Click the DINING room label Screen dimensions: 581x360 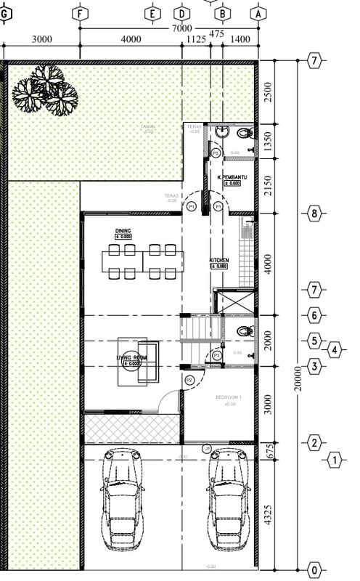(123, 230)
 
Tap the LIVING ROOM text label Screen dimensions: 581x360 (132, 358)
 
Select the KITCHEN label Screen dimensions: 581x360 (220, 260)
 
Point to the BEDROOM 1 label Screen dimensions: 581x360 (229, 397)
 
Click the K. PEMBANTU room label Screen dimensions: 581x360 (233, 177)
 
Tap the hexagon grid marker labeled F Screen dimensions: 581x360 (80, 13)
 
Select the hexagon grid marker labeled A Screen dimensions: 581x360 (258, 13)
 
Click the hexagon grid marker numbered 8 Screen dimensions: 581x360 (314, 214)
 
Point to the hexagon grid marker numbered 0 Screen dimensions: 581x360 (314, 569)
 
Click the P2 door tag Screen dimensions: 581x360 (189, 380)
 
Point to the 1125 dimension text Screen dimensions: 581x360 (196, 39)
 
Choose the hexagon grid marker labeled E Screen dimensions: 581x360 (152, 13)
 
